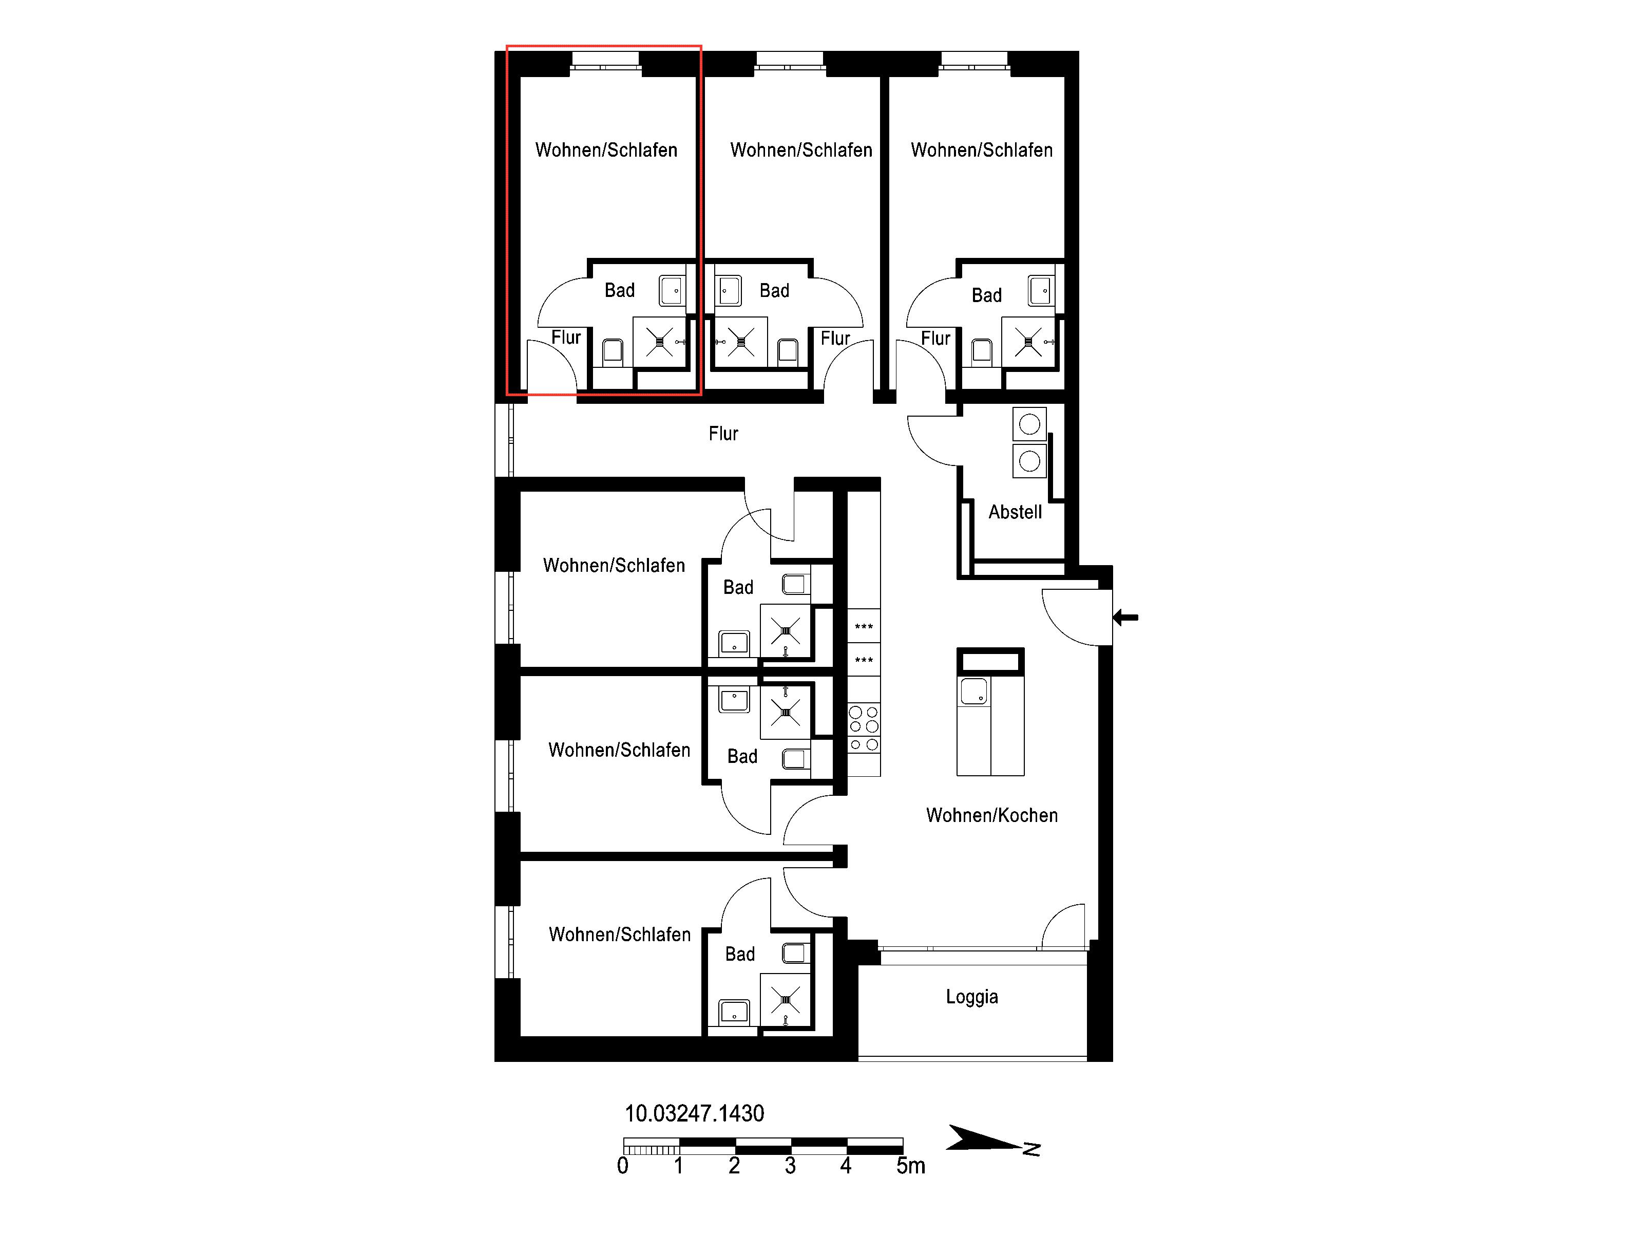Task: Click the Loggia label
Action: pyautogui.click(x=971, y=997)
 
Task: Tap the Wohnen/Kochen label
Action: pyautogui.click(x=991, y=815)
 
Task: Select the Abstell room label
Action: pyautogui.click(x=1015, y=512)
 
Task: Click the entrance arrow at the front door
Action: pyautogui.click(x=1125, y=617)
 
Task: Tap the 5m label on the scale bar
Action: pyautogui.click(x=911, y=1165)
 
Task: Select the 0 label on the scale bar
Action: pyautogui.click(x=622, y=1165)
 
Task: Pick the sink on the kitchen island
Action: pyautogui.click(x=974, y=691)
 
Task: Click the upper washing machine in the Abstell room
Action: pyautogui.click(x=1029, y=424)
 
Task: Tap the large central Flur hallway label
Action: pyautogui.click(x=723, y=433)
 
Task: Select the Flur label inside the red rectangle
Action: pyautogui.click(x=566, y=338)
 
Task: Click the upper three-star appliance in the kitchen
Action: pyautogui.click(x=864, y=627)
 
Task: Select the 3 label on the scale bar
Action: pyautogui.click(x=790, y=1165)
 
